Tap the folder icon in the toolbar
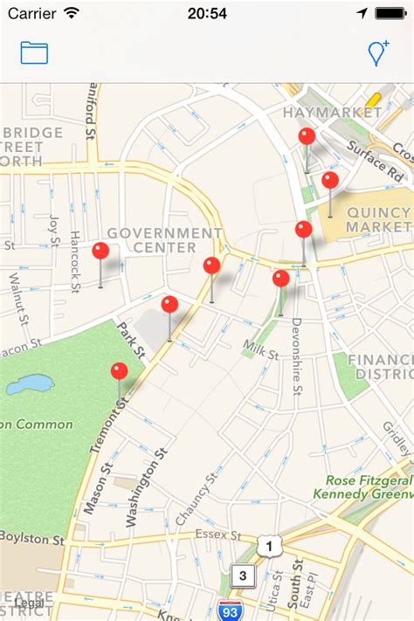pos(34,52)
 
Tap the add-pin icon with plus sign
pos(378,52)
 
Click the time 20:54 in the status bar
pos(207,13)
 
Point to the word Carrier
pos(32,13)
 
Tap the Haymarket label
pos(332,113)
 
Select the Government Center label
pos(165,240)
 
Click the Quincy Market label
pos(378,219)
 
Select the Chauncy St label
pos(196,502)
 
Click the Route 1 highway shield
pos(271,546)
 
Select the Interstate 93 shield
pos(231,611)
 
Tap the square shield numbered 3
pos(243,575)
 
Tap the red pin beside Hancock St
pos(100,252)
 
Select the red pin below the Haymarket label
pos(307,137)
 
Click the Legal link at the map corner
pos(29,604)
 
